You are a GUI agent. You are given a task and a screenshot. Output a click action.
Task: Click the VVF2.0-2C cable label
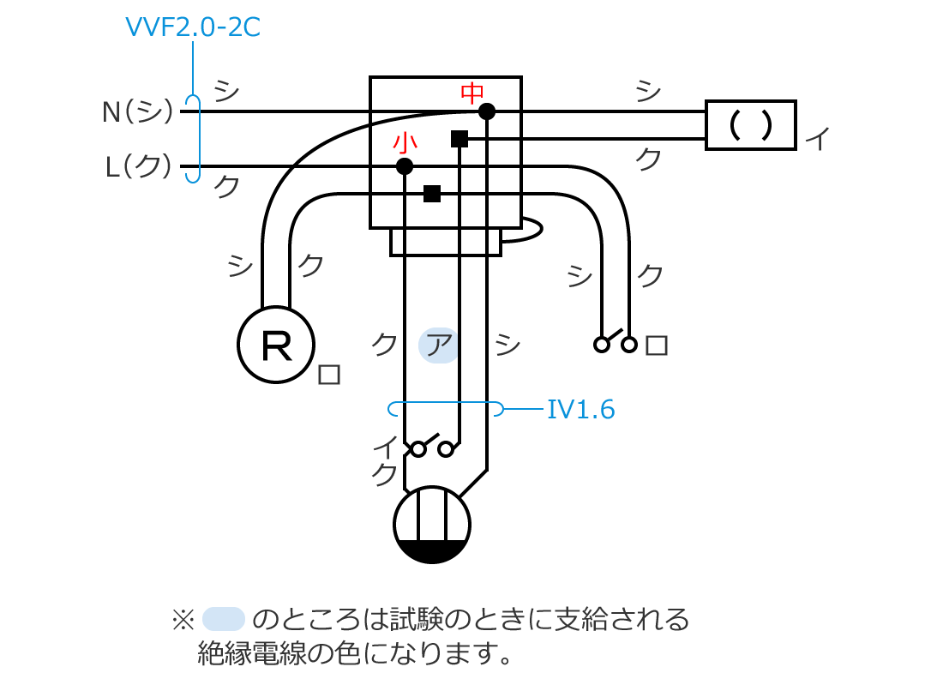coord(192,27)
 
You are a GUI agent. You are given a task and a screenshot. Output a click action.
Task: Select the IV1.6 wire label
coord(580,410)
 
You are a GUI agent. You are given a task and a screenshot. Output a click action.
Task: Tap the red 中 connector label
coord(472,93)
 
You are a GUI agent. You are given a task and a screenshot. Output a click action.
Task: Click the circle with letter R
coord(276,345)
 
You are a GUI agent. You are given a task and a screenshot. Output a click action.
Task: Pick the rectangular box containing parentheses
coord(750,125)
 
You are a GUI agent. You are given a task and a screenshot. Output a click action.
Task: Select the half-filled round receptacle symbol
coord(432,525)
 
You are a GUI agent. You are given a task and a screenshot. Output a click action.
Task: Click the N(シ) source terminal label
coord(138,111)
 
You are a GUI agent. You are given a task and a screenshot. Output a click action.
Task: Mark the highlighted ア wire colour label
coord(439,346)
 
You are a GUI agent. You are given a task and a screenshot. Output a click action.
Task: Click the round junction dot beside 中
coord(487,111)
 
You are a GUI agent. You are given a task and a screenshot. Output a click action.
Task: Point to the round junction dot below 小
coord(405,166)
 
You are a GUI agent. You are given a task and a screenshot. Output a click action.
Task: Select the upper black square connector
coord(459,139)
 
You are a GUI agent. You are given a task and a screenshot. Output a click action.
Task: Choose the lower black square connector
coord(432,194)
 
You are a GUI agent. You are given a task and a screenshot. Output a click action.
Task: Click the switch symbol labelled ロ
coord(616,343)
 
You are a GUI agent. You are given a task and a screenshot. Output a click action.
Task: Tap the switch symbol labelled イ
coord(432,447)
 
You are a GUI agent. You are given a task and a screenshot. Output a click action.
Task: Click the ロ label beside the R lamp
coord(329,375)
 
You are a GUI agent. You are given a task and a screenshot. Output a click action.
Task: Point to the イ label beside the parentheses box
coord(819,139)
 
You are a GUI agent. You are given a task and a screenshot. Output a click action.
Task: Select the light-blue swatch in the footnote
coord(225,617)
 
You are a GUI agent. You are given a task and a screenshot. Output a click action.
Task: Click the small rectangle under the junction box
coord(446,242)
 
